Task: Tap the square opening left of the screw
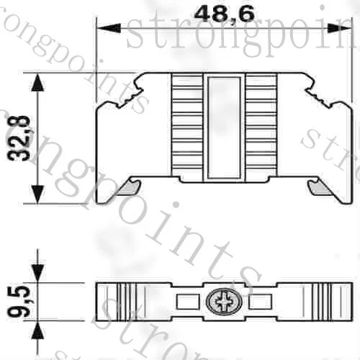(185, 302)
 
